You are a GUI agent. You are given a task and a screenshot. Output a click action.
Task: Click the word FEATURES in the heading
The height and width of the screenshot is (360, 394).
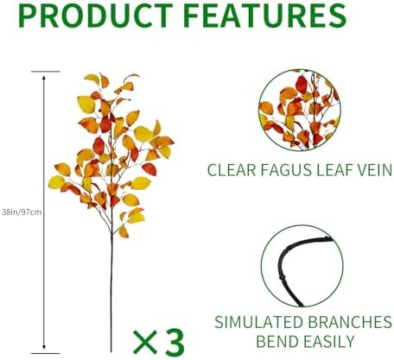(x=264, y=16)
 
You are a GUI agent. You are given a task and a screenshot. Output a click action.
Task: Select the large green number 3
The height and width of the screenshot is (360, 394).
(x=175, y=341)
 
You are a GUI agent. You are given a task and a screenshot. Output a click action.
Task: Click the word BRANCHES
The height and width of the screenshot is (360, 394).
(x=348, y=322)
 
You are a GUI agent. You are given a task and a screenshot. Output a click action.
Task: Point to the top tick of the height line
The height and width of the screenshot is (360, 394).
(x=44, y=73)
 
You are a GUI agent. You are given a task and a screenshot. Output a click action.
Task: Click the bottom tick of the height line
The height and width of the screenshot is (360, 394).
(x=44, y=353)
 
